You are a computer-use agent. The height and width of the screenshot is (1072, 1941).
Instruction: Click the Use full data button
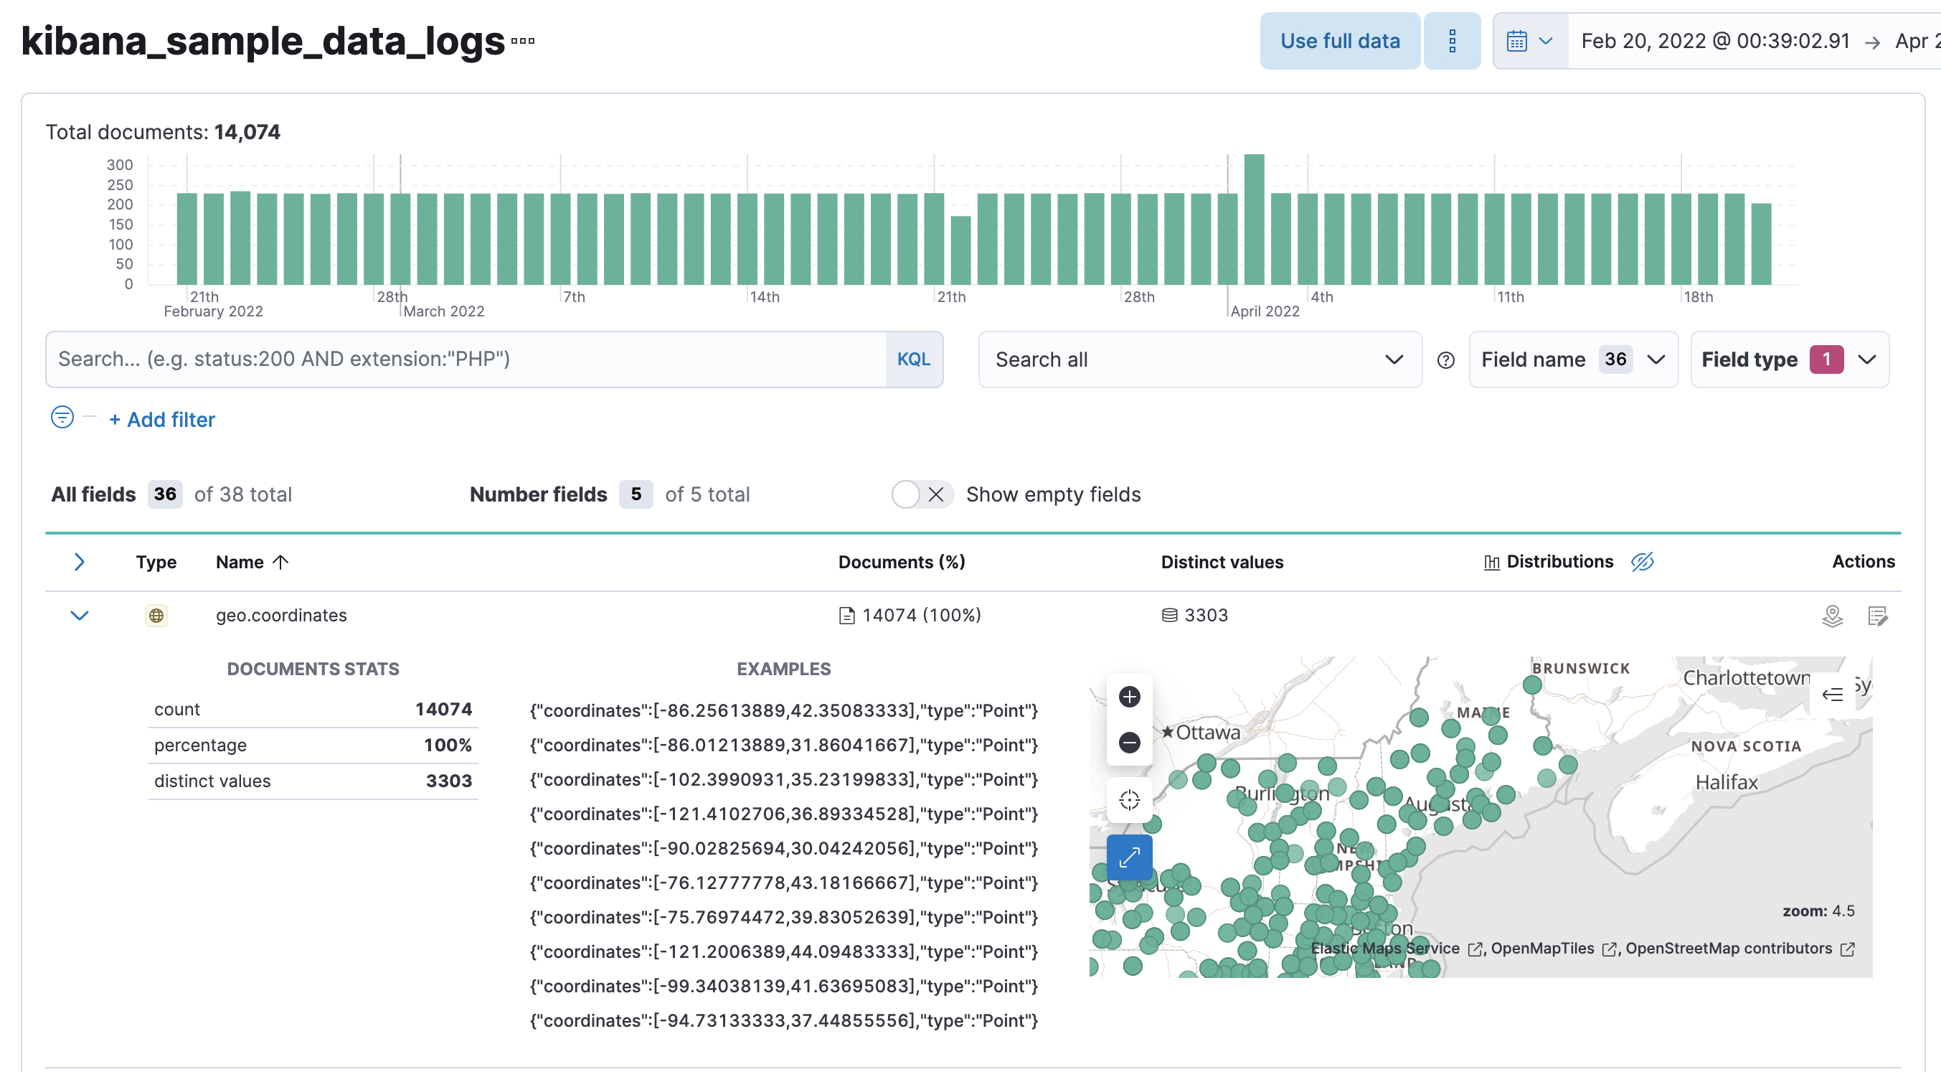(1339, 41)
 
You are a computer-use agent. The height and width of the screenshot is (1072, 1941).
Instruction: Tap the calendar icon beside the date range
(1516, 41)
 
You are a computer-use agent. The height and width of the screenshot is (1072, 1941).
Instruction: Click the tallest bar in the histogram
(1254, 219)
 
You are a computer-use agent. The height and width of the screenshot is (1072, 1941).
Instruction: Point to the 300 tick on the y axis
(120, 164)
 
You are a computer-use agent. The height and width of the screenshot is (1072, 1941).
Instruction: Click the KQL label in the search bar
(913, 359)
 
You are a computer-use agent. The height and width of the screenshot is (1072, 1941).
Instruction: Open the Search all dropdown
(1199, 359)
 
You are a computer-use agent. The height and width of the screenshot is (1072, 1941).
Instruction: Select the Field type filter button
(1789, 359)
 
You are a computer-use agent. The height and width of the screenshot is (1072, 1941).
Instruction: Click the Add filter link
(162, 419)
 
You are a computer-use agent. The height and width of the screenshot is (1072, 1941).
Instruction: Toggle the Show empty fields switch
(921, 494)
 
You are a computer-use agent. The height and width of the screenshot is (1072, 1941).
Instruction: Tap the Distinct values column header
(1222, 562)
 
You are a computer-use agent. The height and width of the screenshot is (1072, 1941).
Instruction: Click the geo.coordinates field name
(281, 615)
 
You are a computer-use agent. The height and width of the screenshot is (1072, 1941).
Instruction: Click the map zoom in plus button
(1129, 697)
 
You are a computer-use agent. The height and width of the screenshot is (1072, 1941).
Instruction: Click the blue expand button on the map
(1129, 857)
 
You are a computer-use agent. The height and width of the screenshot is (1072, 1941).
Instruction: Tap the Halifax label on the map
(1726, 783)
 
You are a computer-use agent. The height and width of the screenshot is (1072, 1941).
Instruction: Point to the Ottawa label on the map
(1207, 732)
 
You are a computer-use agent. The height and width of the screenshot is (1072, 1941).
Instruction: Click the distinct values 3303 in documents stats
(448, 781)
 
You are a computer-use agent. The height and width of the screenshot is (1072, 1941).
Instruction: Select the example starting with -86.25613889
(783, 710)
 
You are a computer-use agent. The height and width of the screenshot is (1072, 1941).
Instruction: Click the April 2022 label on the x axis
(1265, 311)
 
